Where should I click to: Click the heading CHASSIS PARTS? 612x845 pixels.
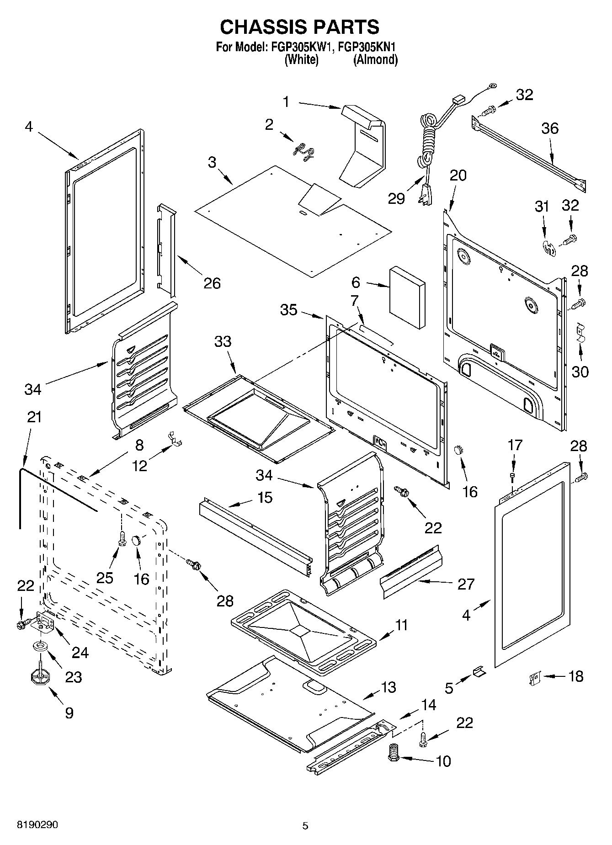(299, 27)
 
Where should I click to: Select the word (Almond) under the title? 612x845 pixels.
(375, 59)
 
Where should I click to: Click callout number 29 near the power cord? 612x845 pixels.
(396, 198)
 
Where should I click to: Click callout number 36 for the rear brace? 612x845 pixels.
(550, 128)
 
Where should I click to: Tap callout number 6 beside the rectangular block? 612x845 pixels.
(356, 282)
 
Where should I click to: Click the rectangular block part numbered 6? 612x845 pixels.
(407, 298)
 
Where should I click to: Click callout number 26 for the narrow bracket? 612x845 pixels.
(212, 283)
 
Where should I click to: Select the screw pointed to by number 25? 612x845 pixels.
(122, 538)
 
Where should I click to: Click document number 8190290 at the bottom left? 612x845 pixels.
(37, 825)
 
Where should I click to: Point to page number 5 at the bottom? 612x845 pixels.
(305, 826)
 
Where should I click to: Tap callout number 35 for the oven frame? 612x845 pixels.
(289, 310)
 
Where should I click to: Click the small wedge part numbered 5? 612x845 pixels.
(479, 672)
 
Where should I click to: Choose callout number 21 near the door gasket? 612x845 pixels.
(34, 417)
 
